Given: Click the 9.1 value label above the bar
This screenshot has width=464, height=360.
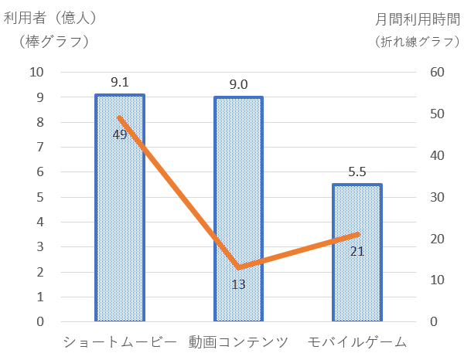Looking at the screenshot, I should click(x=120, y=81).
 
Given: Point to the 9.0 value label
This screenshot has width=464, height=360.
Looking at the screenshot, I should click(x=238, y=83).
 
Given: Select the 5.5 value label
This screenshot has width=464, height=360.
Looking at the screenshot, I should click(x=357, y=172).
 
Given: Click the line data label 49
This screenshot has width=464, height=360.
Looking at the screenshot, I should click(x=120, y=134).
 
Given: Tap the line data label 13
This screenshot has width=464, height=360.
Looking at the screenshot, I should click(x=239, y=284).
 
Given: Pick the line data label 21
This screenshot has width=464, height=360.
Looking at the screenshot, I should click(x=357, y=250).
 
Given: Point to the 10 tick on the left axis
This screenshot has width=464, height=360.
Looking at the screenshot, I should click(x=36, y=72).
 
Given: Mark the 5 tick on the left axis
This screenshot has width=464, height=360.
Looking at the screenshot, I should click(x=40, y=197).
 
